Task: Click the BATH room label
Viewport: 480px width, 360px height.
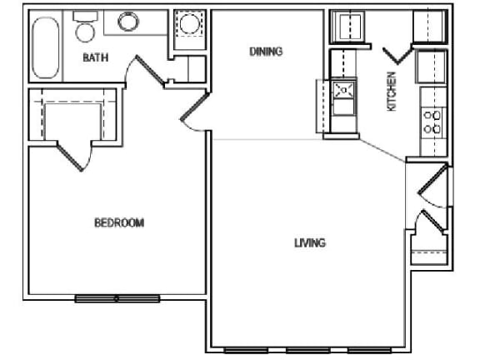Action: pos(93,58)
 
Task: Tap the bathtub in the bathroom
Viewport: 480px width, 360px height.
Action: pos(44,48)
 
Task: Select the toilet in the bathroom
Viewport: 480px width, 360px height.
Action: pos(83,30)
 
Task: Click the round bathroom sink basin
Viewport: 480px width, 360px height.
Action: pos(127,22)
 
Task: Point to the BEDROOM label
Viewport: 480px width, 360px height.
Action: pos(118,222)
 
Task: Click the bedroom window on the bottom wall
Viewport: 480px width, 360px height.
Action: pos(116,297)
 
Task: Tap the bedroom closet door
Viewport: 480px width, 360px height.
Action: pos(71,155)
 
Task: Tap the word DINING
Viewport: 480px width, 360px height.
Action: pos(266,52)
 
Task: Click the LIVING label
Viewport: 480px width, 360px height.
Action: pos(309,243)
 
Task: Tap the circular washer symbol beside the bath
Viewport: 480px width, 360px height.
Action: pos(187,26)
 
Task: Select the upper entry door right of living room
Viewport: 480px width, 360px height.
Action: pos(434,186)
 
